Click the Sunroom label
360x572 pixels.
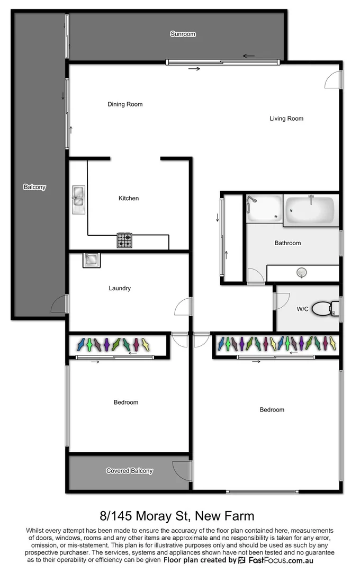tap(183, 34)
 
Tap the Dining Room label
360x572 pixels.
tap(125, 104)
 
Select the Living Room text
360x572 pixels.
tap(286, 119)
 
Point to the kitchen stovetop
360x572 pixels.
tap(124, 240)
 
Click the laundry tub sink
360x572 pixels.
tap(91, 260)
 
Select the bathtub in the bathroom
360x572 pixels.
tap(310, 210)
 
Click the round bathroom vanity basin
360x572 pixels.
tap(302, 273)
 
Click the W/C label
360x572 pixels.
tap(302, 309)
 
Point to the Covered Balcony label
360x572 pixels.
tap(129, 471)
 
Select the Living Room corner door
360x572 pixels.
tap(334, 79)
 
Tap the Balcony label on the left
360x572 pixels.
tap(34, 187)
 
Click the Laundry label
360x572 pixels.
tap(120, 289)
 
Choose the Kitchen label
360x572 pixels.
tap(129, 198)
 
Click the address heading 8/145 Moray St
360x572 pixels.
tap(177, 515)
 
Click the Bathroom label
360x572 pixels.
tap(287, 243)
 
